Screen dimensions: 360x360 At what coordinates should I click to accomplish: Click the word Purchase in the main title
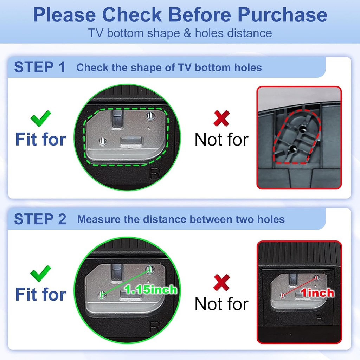(282, 15)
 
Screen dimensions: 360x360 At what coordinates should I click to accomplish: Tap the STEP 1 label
(40, 67)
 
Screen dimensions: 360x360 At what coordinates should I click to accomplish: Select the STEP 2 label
(40, 219)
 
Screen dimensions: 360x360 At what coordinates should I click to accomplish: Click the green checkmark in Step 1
(41, 118)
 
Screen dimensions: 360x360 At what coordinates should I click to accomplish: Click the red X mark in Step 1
(221, 118)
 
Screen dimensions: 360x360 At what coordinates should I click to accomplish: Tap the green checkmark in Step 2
(41, 274)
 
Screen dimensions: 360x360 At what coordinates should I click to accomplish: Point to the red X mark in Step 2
(221, 282)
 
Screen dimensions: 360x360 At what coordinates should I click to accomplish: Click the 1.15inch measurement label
(151, 290)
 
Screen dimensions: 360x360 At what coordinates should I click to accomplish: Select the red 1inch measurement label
(317, 293)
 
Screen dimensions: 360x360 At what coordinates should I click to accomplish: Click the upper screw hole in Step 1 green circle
(150, 116)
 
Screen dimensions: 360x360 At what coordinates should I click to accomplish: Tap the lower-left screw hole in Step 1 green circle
(102, 141)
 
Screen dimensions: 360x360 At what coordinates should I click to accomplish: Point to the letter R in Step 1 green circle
(154, 174)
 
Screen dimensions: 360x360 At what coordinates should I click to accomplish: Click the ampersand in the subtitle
(187, 33)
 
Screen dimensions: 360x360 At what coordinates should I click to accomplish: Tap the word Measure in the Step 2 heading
(99, 219)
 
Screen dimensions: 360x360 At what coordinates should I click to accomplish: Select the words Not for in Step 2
(221, 304)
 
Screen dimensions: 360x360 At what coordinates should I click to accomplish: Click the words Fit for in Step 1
(41, 139)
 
